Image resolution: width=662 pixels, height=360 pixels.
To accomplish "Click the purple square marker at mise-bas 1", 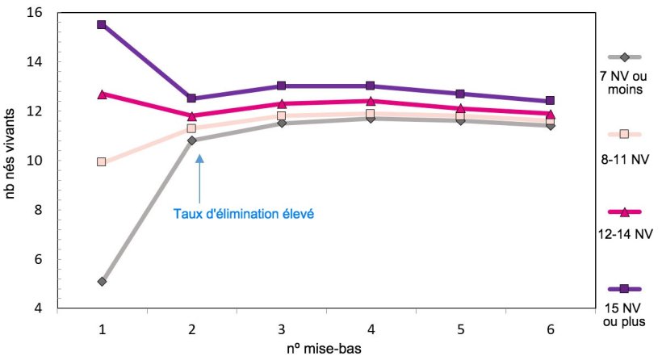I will tap(102, 24).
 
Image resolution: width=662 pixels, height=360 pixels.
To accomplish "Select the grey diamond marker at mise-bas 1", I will tap(102, 282).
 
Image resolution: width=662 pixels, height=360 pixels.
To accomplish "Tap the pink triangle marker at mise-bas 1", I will tap(102, 94).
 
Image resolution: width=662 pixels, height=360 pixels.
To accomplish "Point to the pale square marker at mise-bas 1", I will tap(102, 161).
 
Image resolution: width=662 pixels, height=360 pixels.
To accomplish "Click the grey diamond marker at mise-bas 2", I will tap(191, 140).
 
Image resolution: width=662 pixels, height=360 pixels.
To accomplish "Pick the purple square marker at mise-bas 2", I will tap(191, 98).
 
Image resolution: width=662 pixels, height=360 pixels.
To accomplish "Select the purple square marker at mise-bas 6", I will tap(550, 101).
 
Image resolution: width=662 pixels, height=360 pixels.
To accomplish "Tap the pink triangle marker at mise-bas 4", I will tap(371, 101).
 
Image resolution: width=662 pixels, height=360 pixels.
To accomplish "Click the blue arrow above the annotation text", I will tap(199, 178).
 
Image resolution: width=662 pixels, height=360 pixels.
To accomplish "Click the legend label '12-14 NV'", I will tap(622, 235).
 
